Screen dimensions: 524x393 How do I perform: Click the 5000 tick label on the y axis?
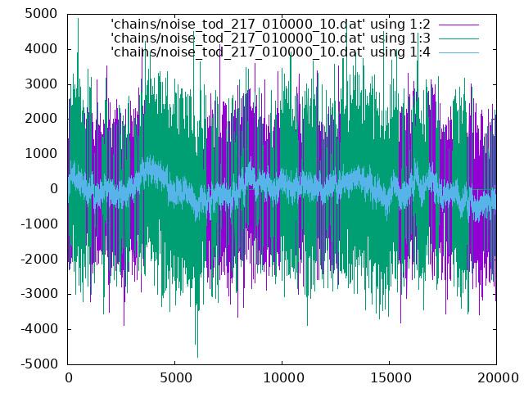pos(41,14)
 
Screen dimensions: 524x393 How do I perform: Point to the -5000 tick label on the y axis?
pos(39,364)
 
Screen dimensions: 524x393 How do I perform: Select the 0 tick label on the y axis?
pos(54,189)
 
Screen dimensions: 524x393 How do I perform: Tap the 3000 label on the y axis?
pos(41,84)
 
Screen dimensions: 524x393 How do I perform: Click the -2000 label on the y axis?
pos(39,259)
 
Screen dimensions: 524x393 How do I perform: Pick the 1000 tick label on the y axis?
pos(41,154)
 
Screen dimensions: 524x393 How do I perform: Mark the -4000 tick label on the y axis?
pos(39,329)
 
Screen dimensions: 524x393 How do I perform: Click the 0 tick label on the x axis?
pos(69,377)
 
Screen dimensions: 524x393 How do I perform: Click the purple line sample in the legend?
pos(458,25)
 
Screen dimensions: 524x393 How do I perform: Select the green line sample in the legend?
pos(458,38)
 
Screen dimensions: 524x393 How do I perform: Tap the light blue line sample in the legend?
pos(458,52)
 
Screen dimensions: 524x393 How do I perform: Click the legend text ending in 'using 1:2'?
pos(270,25)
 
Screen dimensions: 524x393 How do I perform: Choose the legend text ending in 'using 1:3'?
pos(270,38)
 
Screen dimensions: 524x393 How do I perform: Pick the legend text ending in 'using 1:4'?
pos(270,52)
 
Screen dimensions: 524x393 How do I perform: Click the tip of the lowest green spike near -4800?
pos(197,357)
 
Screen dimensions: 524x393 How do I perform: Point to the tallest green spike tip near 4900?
pos(79,18)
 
